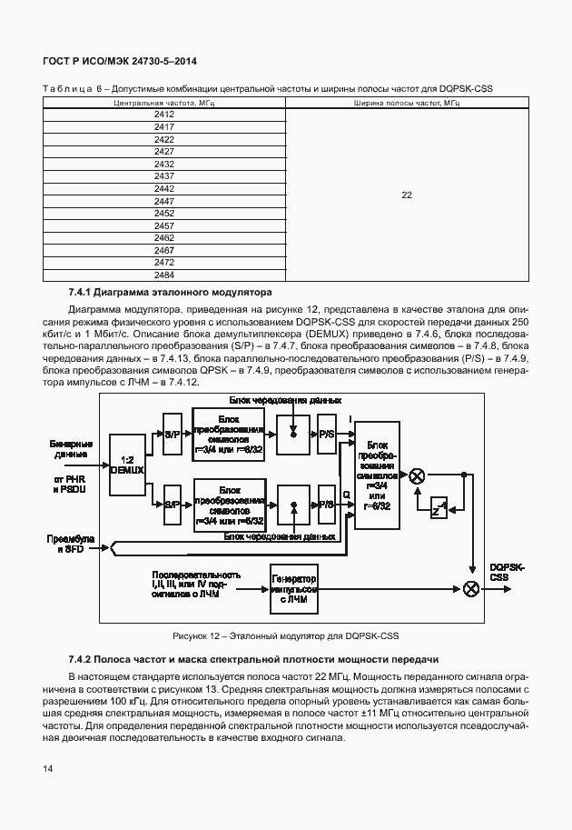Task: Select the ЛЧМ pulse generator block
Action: [293, 589]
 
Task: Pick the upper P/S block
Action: [324, 435]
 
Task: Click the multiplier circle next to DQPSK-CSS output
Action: [470, 589]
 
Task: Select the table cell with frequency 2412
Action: [164, 115]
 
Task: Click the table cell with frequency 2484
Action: [164, 275]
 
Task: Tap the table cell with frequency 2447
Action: [164, 201]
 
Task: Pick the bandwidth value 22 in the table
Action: [406, 195]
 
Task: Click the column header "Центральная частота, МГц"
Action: [164, 105]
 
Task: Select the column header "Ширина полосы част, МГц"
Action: [406, 105]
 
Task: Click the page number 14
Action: [48, 770]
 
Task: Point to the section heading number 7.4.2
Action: [84, 657]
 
